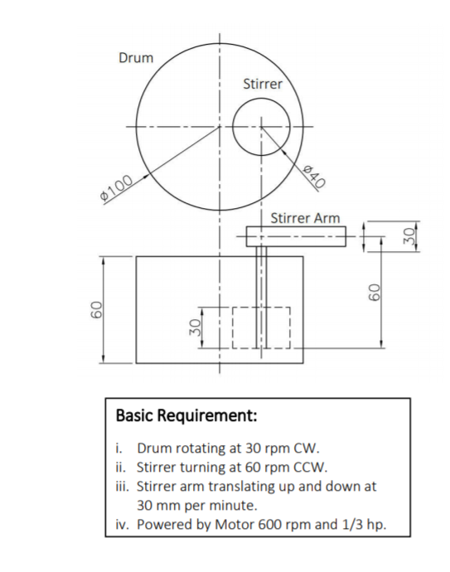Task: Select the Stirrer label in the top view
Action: click(263, 84)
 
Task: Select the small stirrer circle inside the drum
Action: click(260, 127)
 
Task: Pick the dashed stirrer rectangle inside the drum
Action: click(261, 327)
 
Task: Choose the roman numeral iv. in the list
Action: click(123, 524)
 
